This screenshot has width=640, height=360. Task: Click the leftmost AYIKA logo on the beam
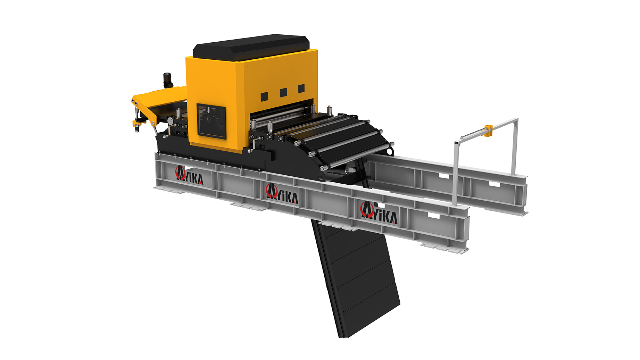189,175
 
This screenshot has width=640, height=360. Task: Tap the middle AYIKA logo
282,194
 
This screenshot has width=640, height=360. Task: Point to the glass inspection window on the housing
211,121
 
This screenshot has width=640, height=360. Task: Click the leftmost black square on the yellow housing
265,97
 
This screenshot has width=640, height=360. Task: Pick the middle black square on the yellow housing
283,92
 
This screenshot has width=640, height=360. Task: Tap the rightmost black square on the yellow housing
301,89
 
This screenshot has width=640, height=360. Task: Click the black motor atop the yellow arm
168,80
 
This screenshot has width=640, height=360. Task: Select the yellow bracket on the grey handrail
489,130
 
